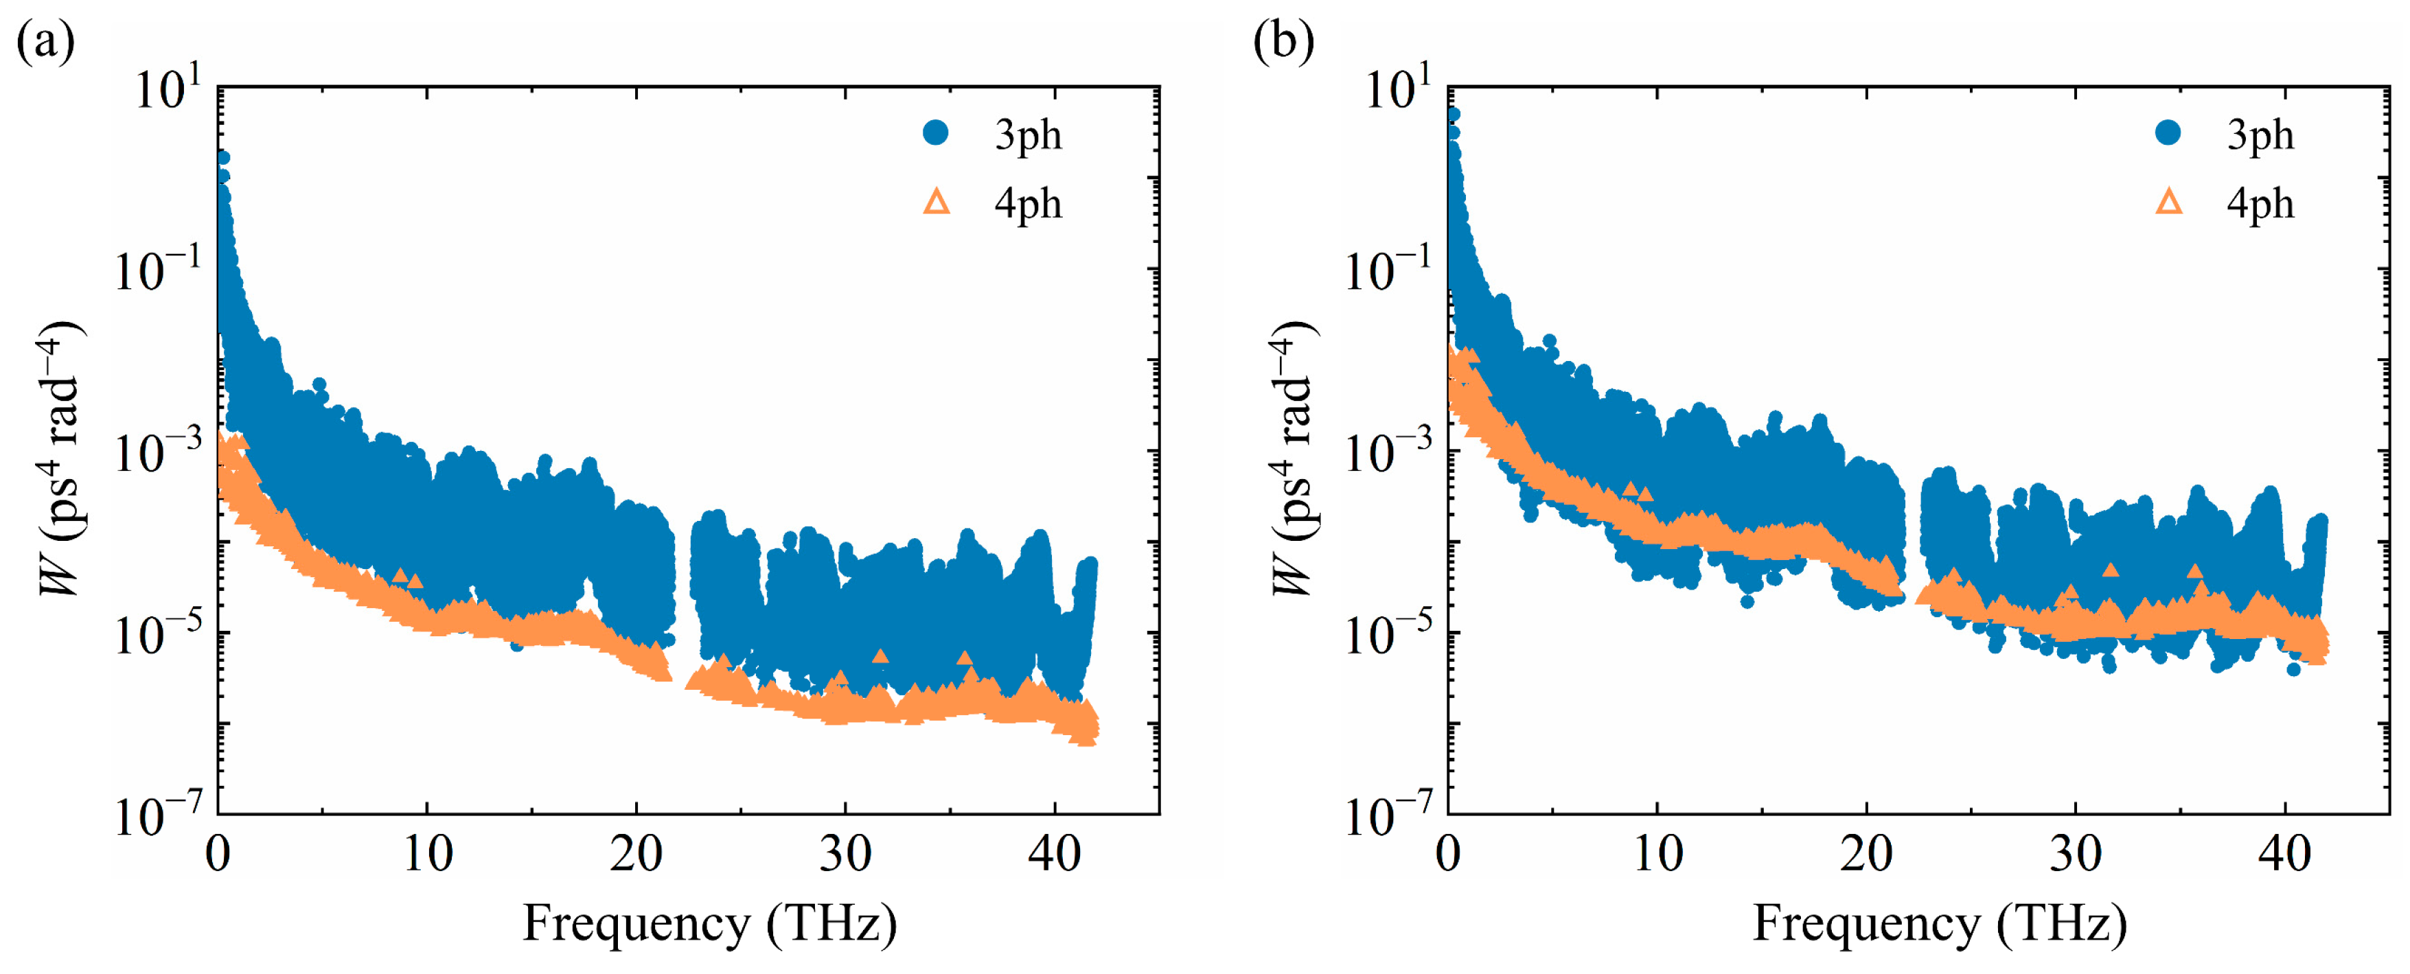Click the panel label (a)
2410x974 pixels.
click(x=45, y=42)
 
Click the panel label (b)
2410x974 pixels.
click(x=1283, y=42)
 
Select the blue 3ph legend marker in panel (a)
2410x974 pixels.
click(x=936, y=133)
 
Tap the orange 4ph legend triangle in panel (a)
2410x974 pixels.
click(x=937, y=202)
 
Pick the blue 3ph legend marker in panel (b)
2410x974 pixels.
click(x=2168, y=133)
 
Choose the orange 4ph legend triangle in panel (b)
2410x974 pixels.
click(x=2168, y=202)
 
